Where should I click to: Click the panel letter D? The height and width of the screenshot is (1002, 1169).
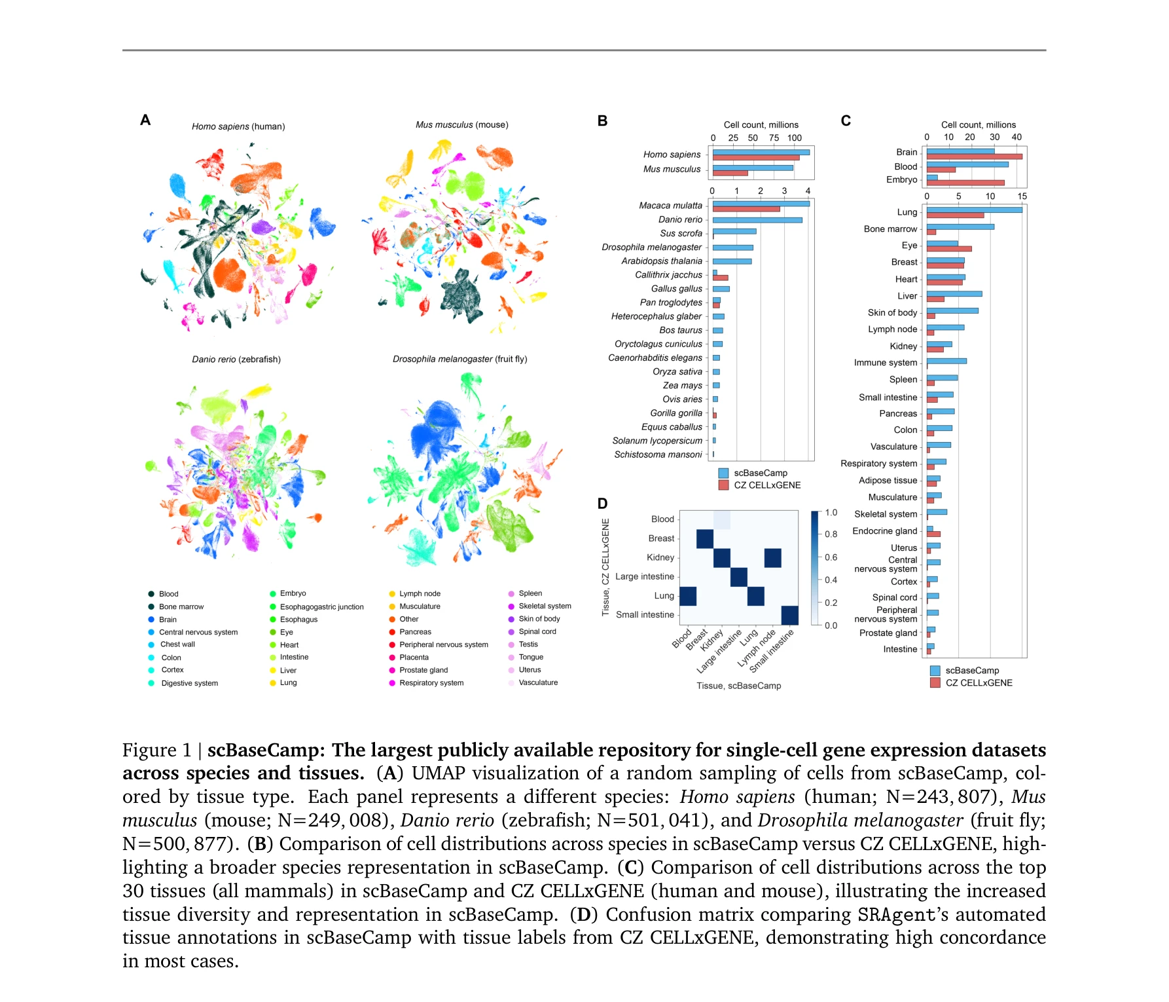pos(602,503)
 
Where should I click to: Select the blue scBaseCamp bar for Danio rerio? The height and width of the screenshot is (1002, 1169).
pos(757,220)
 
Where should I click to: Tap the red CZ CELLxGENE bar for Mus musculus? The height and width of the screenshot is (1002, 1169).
pos(730,173)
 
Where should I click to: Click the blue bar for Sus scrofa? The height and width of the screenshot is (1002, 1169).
pos(734,231)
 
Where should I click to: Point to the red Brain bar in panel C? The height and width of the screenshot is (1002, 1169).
pos(974,157)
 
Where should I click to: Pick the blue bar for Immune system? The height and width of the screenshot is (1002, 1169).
pos(946,361)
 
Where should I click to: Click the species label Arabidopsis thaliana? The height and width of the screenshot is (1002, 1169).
pos(661,261)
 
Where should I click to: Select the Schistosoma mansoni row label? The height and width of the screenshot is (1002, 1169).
pos(657,455)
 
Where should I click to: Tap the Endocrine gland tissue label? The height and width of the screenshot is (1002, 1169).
pos(884,531)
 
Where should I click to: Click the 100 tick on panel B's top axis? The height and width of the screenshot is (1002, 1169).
pos(794,138)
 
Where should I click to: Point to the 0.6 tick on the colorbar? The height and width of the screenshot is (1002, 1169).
pos(831,557)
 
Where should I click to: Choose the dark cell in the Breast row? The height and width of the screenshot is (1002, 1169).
pos(705,538)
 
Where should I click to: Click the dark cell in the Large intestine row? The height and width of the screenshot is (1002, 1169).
pos(738,577)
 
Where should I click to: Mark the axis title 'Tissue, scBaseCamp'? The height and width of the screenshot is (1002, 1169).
pos(738,686)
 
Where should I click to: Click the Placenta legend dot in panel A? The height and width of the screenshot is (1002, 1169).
pos(393,658)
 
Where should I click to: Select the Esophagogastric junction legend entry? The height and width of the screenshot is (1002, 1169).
pos(321,606)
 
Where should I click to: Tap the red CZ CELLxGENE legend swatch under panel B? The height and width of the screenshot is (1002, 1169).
pos(723,485)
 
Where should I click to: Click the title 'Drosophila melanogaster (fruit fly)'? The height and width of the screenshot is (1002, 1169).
pos(459,359)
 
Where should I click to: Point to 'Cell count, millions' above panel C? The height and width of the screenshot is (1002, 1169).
pos(978,124)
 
